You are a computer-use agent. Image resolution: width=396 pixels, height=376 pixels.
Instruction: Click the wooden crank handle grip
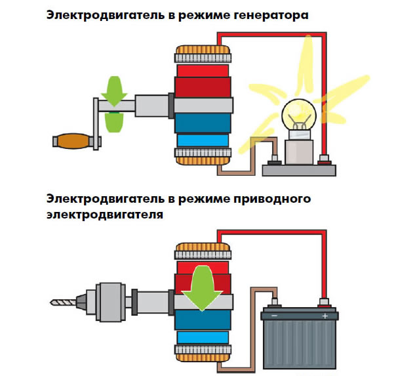pos(73,141)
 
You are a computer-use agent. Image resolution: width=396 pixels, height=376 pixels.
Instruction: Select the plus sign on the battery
pos(325,316)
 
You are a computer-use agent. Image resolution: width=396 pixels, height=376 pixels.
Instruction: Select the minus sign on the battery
pos(274,316)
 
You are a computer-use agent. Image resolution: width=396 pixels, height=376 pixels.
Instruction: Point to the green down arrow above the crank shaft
pos(114,91)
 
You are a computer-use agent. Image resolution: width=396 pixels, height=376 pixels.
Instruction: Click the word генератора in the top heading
pos(271,15)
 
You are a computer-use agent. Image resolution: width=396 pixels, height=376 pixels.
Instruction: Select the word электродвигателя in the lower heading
pos(105,215)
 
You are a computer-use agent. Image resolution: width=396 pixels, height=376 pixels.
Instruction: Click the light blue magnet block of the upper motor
pos(203,140)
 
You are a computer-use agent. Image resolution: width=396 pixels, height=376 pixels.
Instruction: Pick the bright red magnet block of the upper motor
pos(203,71)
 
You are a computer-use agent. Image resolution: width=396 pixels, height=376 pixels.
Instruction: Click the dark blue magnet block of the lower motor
pos(203,320)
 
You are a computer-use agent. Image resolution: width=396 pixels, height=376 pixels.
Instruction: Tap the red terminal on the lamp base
pos(324,160)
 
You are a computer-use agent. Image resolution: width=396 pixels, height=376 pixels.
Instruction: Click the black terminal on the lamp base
pos(275,160)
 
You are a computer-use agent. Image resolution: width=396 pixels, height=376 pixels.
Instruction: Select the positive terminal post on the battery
pos(324,303)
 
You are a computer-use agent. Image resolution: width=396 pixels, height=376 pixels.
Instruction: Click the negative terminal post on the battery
pos(275,303)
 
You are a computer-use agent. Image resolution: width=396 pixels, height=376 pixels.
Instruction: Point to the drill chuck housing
pos(111,303)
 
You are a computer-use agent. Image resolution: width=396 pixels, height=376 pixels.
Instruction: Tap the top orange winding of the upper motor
pos(203,50)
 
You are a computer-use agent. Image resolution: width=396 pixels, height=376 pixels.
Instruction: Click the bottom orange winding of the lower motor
pos(203,358)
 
